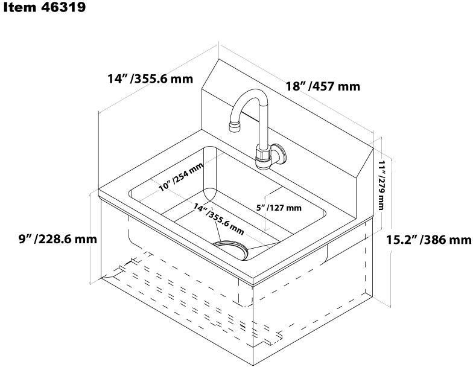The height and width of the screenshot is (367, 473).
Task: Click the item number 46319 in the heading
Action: [x=60, y=8]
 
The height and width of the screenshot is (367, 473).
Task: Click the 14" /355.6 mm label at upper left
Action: [x=150, y=78]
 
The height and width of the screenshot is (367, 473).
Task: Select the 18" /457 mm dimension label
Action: [x=323, y=86]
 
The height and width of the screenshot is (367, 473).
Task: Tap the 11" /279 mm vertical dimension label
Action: [x=381, y=184]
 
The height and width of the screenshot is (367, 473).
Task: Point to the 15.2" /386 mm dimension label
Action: [x=428, y=239]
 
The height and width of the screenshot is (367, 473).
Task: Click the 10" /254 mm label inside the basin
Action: [x=181, y=177]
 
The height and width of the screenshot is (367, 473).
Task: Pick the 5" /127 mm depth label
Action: [x=279, y=208]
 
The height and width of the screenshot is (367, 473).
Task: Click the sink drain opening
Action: [x=232, y=248]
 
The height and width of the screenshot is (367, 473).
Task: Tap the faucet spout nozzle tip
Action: [x=234, y=126]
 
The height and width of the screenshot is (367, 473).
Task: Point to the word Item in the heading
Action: [x=17, y=8]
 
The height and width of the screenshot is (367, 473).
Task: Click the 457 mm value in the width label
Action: [x=335, y=86]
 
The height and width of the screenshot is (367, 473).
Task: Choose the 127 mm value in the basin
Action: [x=287, y=208]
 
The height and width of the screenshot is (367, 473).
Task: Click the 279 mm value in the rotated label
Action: [x=381, y=193]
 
